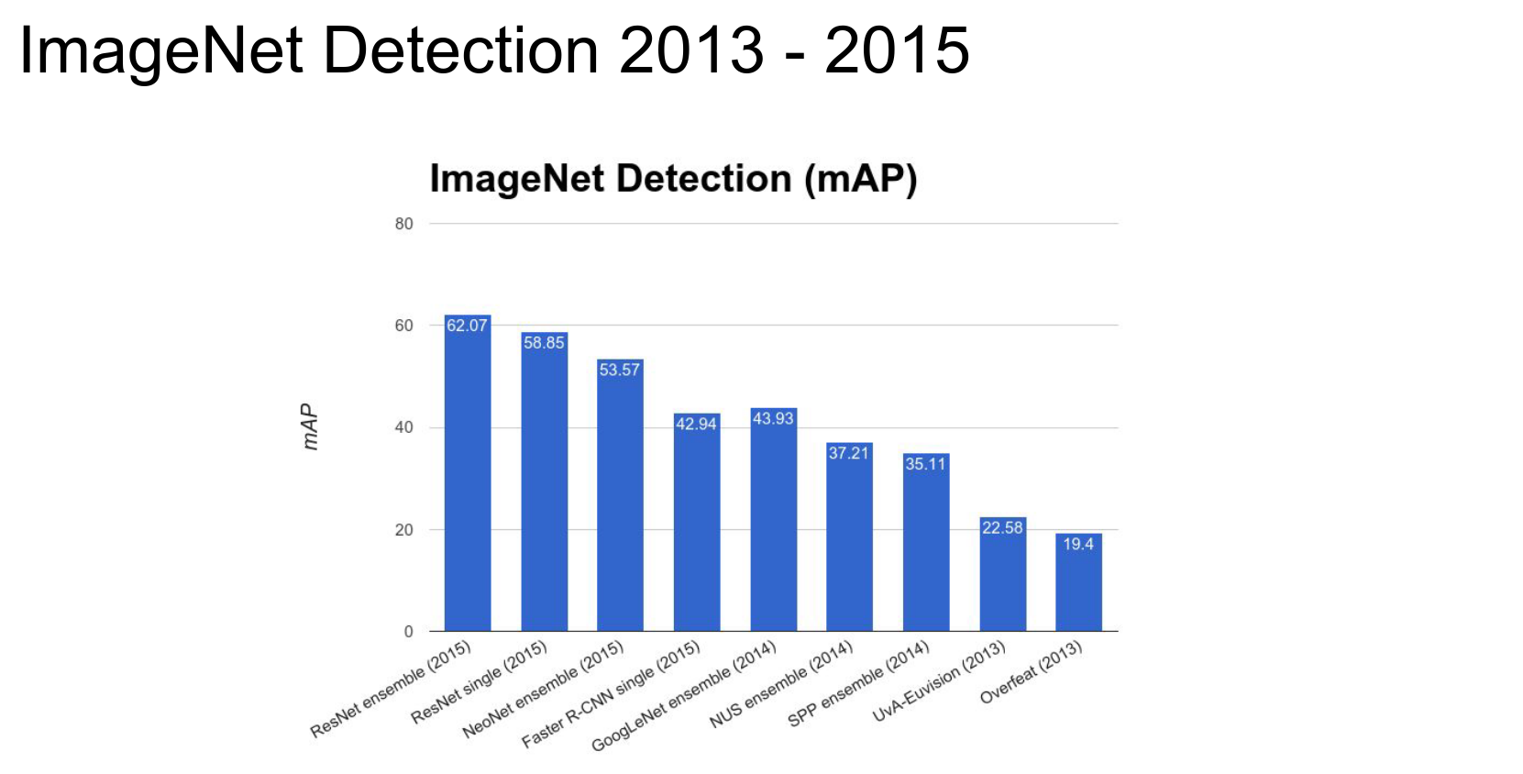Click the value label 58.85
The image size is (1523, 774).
tap(544, 343)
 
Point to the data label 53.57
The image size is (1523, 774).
tap(620, 370)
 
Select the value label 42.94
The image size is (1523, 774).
tap(696, 424)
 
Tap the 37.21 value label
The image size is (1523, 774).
tap(848, 453)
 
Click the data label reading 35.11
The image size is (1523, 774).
tap(925, 464)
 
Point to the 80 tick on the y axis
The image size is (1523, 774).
tap(403, 224)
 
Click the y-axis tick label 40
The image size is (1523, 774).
tap(403, 427)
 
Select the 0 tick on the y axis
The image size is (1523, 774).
tap(408, 631)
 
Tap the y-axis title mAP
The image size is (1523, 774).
tap(310, 427)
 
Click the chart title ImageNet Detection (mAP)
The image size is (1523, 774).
tap(673, 179)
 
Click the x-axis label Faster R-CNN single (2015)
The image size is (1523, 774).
tap(611, 694)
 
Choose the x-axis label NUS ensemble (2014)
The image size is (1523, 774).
tap(781, 685)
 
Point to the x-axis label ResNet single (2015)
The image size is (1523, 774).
tap(479, 682)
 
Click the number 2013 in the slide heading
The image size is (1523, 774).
tap(691, 50)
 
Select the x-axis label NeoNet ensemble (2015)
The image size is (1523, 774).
tap(543, 690)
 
